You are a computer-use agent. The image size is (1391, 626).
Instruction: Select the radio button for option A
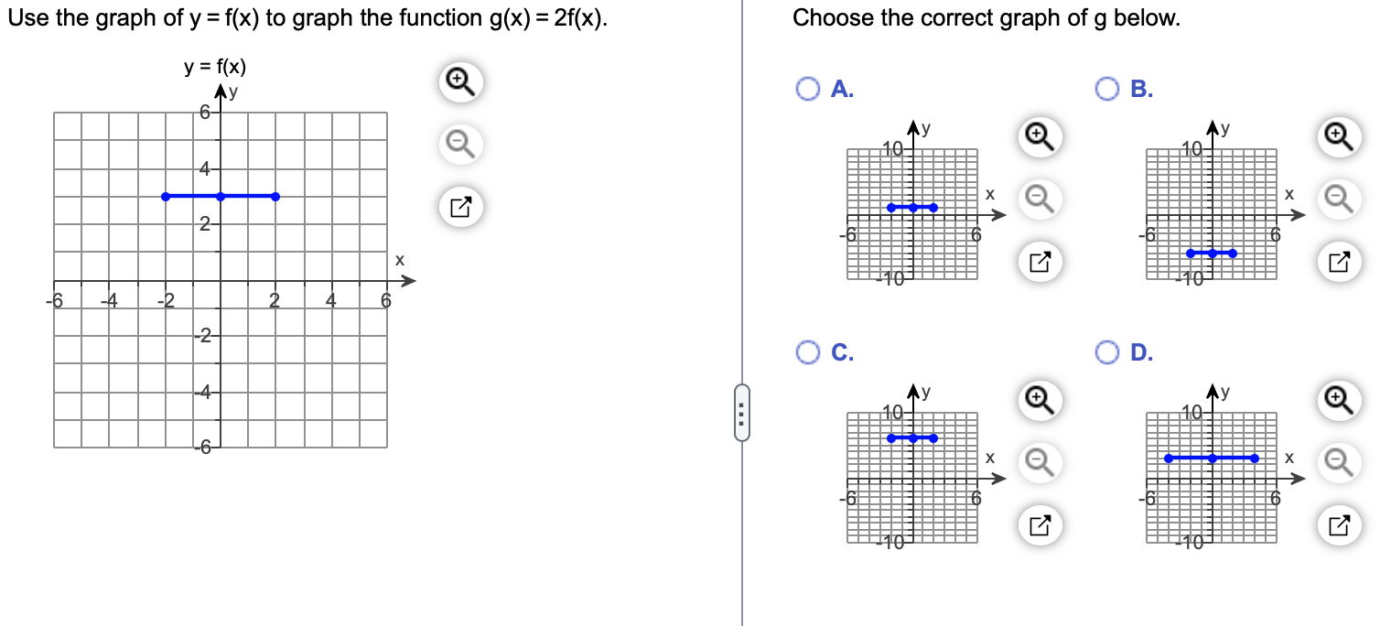[807, 89]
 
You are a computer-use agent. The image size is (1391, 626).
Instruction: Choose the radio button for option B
[1107, 89]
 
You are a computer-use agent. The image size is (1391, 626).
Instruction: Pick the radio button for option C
[807, 351]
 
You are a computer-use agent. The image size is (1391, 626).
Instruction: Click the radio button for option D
[1107, 351]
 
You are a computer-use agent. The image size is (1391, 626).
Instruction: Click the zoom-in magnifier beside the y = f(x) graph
[460, 83]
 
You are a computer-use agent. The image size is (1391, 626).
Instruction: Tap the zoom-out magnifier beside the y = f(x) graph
[460, 145]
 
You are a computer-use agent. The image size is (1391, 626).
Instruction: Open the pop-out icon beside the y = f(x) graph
[460, 207]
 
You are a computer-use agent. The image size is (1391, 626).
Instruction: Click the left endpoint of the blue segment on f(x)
[165, 196]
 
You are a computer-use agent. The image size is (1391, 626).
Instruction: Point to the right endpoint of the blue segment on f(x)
[275, 196]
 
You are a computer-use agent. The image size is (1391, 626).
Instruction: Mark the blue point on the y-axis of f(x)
[220, 196]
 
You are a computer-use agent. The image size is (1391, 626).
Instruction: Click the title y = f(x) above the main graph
[214, 66]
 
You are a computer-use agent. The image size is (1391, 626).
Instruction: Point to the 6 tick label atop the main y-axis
[206, 113]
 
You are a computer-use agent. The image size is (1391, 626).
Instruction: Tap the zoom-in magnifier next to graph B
[1338, 136]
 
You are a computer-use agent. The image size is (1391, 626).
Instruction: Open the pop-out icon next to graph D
[1338, 525]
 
